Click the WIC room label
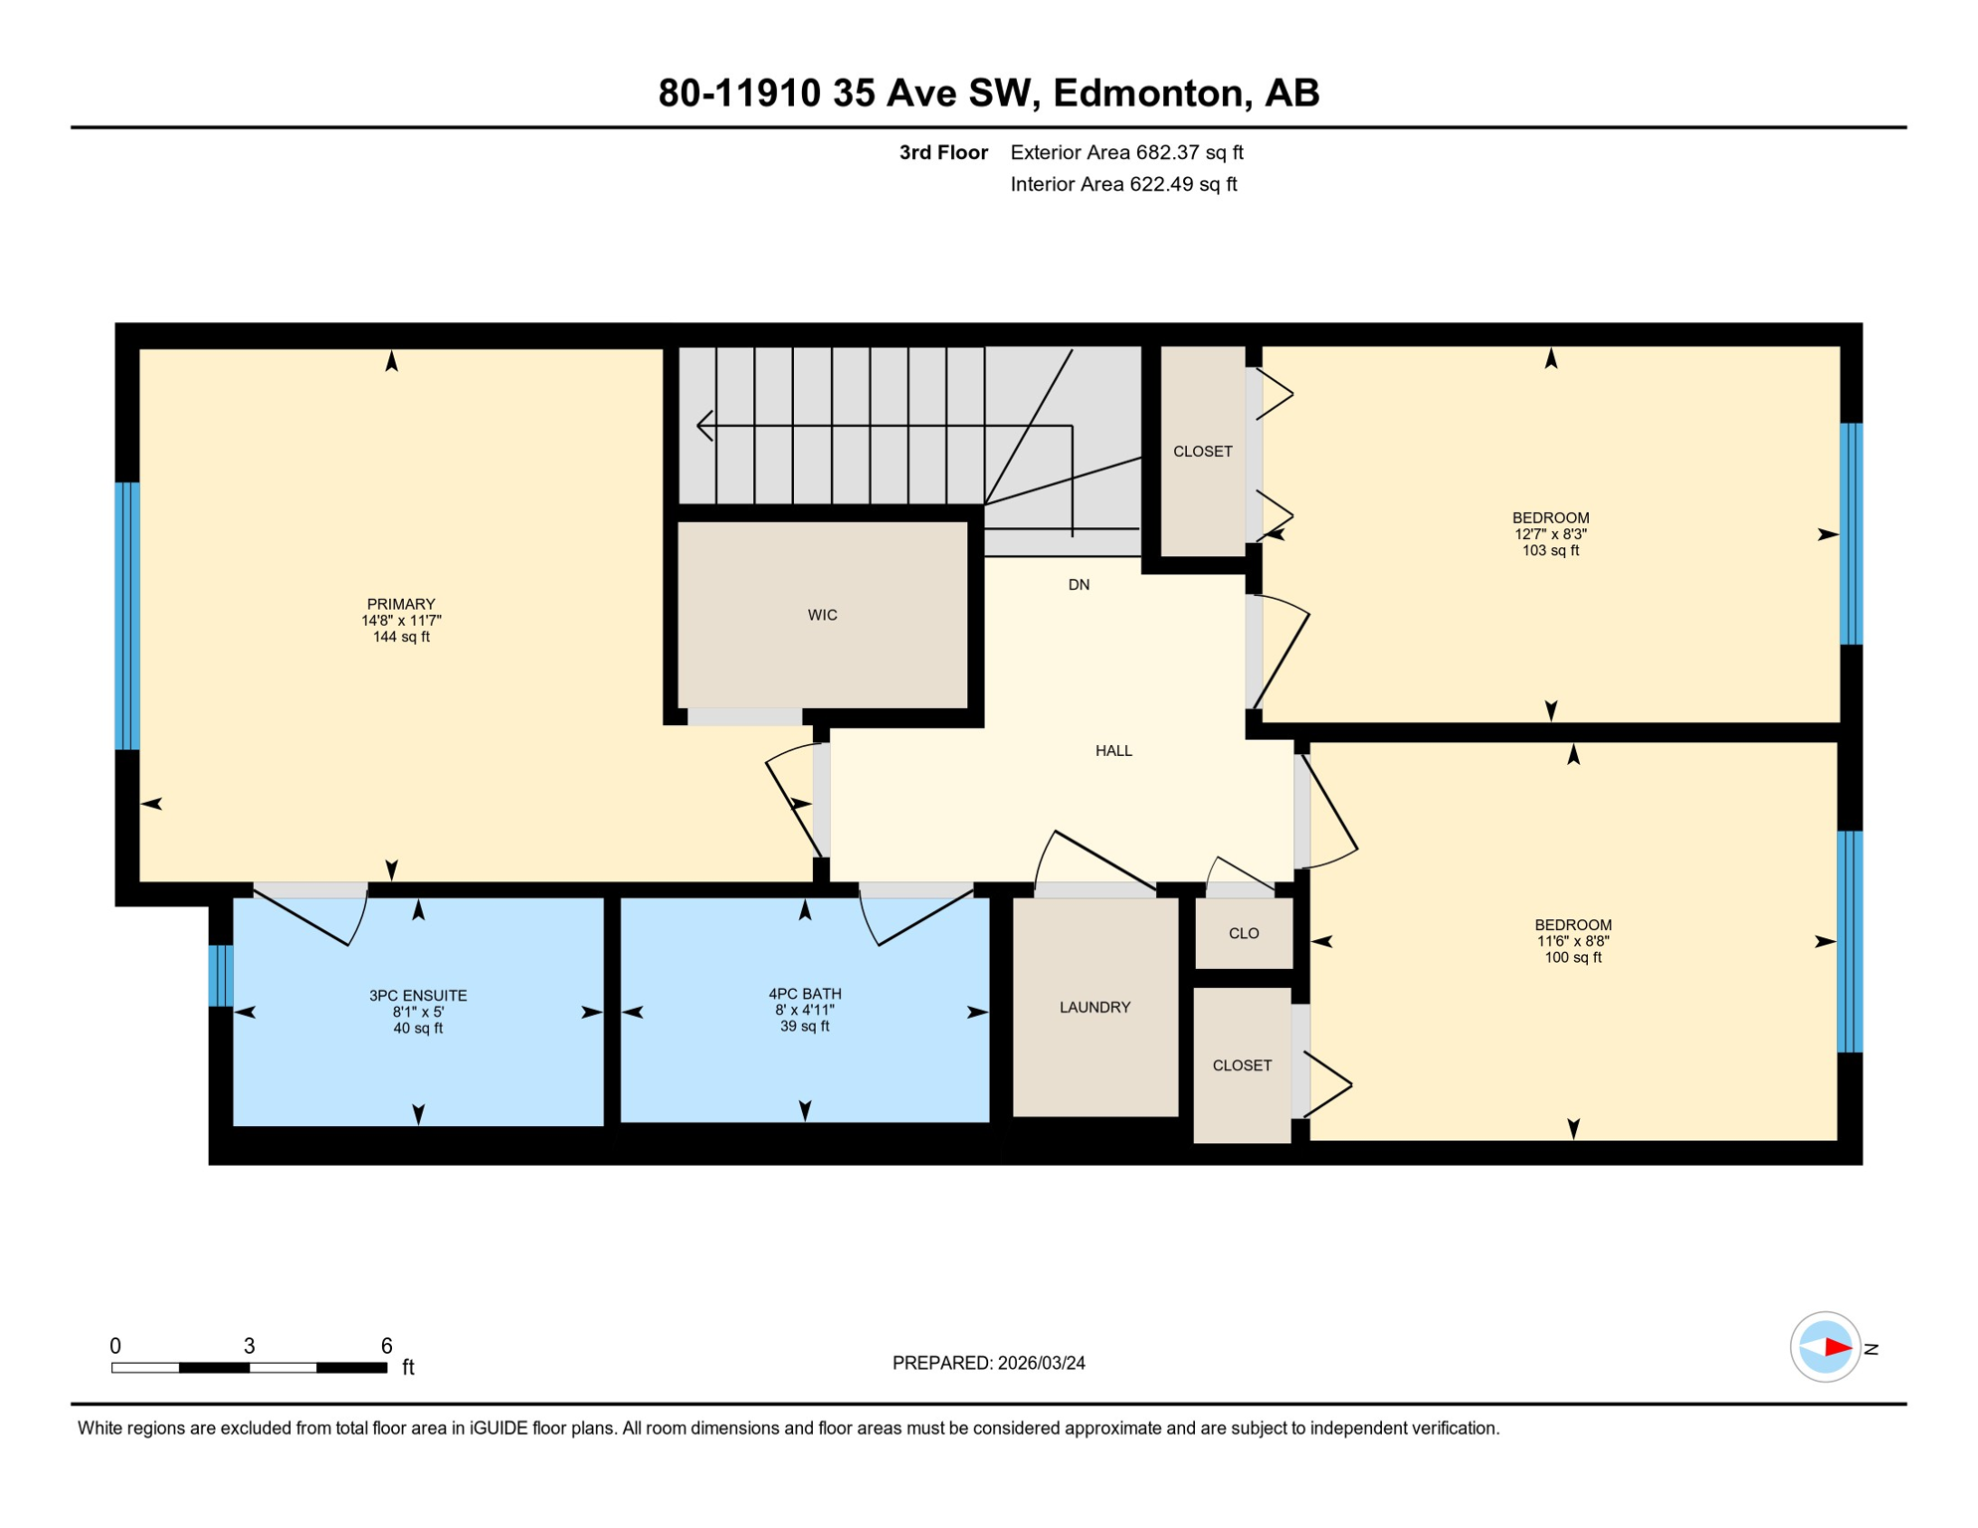coord(822,615)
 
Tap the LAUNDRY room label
coord(1094,1007)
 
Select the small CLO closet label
coord(1244,933)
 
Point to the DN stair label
coord(1079,585)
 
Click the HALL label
coord(1113,751)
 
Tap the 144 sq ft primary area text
coord(401,637)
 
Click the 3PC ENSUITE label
coord(418,995)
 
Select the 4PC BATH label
coord(804,993)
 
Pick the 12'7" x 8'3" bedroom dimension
coord(1550,534)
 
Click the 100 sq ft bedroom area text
coord(1572,958)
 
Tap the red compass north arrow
coord(1837,1348)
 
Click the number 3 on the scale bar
coord(249,1346)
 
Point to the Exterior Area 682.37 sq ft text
coord(1126,152)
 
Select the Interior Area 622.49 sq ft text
coord(1123,184)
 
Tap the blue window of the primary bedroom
coord(127,616)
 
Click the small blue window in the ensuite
coord(221,975)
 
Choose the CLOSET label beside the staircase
coord(1202,452)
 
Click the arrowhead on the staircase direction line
coord(702,426)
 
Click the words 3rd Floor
coord(942,152)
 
